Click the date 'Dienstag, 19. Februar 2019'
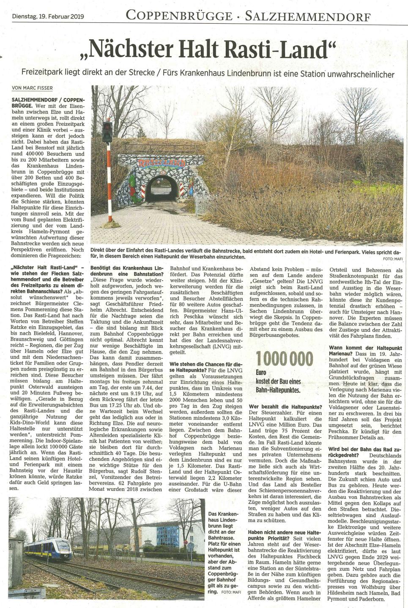click(49, 17)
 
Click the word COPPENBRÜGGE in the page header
click(179, 16)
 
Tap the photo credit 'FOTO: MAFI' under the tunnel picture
click(391, 258)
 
